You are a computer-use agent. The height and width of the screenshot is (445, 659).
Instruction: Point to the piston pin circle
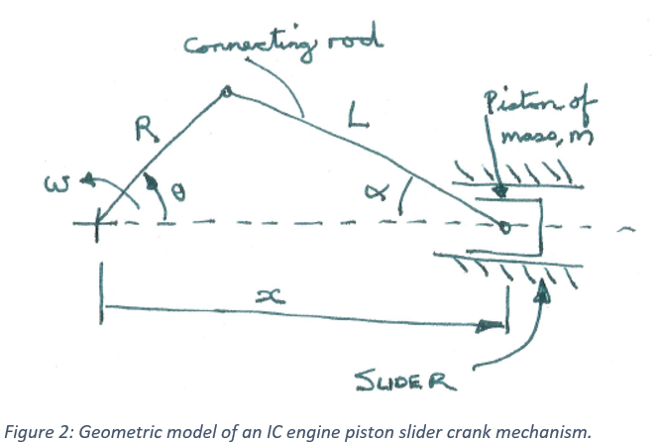coord(504,228)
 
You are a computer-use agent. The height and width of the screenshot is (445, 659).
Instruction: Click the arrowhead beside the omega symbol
coord(86,180)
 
